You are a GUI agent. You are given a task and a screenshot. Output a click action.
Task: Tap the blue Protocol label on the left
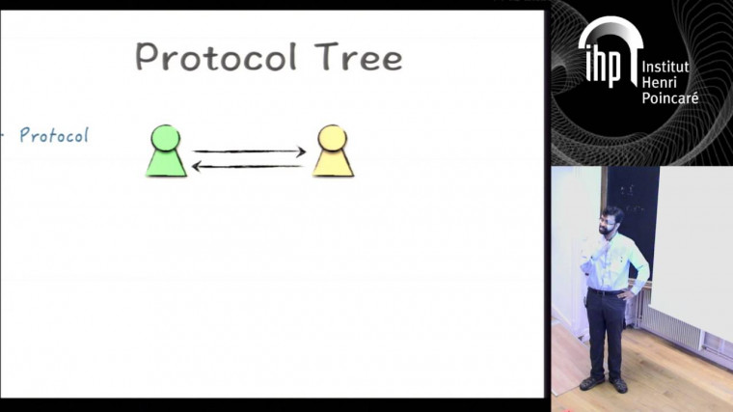[x=54, y=135]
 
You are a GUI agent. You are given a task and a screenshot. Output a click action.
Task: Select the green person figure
[x=166, y=152]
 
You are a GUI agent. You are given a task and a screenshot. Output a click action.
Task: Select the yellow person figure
[x=333, y=152]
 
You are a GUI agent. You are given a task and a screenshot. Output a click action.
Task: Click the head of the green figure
[x=166, y=137]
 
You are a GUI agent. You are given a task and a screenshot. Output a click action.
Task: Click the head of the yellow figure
[x=333, y=137]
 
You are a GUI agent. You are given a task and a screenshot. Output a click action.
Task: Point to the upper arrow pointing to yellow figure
[x=249, y=151]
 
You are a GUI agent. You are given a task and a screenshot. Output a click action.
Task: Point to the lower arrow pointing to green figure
[x=249, y=166]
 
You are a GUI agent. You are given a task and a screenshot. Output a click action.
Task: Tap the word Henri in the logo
[x=661, y=83]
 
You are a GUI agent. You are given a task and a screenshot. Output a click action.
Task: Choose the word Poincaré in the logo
[x=669, y=97]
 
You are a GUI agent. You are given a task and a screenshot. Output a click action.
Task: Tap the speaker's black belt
[x=607, y=290]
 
